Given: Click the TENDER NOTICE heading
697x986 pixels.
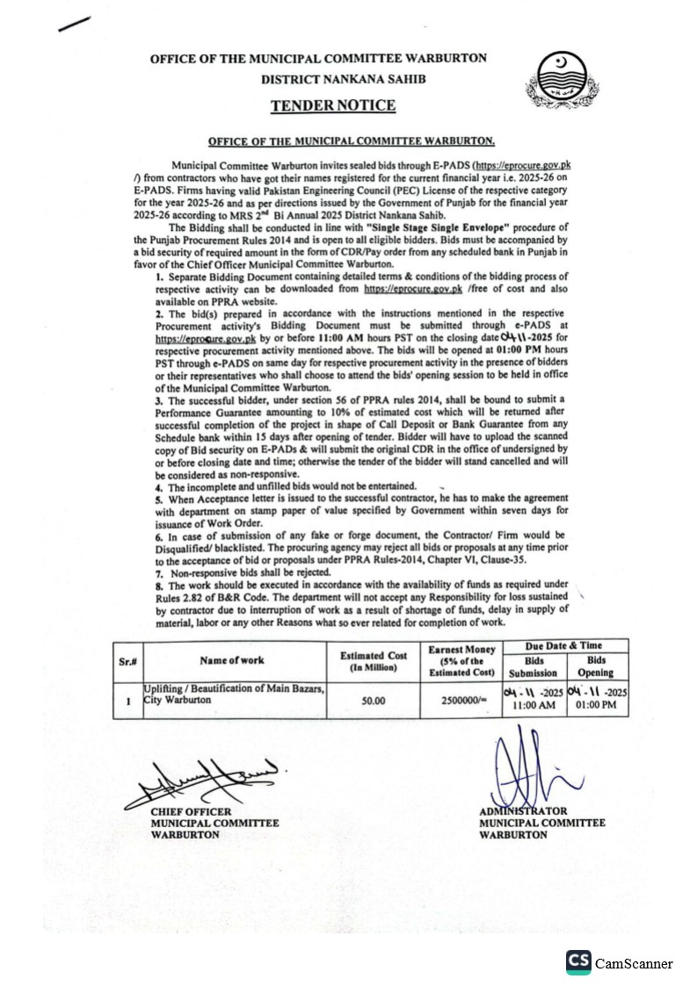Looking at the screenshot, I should pos(332,106).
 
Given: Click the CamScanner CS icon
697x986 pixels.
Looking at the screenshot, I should pos(578,962).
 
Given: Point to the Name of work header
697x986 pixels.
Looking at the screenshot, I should pos(231,661).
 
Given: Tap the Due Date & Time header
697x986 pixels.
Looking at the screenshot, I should pos(564,645).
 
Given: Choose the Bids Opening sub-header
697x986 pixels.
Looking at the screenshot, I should pos(596,666).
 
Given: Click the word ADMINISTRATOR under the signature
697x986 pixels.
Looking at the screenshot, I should pos(523,811).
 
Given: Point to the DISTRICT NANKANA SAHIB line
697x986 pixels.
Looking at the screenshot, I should pos(330,79).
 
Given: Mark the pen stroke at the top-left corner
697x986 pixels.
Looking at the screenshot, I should pos(74,24).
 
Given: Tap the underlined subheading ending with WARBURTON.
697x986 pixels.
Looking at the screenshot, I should pos(352,140).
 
